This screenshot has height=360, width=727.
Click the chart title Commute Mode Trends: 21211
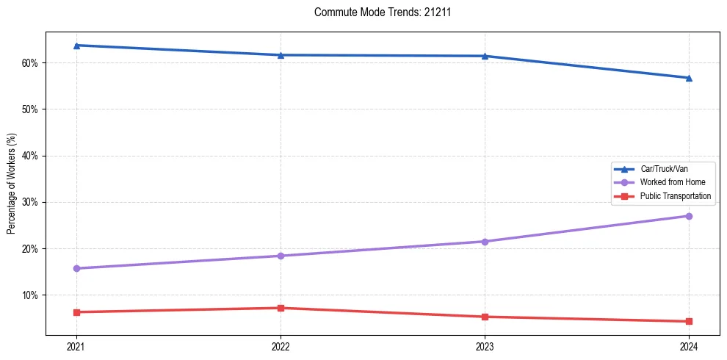377,12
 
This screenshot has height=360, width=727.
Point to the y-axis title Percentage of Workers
11,184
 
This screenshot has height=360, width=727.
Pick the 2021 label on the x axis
76,345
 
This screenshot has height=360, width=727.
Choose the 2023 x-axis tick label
485,345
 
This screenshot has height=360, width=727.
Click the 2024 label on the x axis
689,345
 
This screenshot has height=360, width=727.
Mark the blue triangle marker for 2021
76,46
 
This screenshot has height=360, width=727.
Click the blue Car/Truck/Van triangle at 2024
689,78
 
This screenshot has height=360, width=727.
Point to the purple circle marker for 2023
485,242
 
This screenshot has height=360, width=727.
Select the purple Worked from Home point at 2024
689,216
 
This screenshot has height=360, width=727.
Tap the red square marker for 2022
281,308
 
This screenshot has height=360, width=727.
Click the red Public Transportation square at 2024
689,321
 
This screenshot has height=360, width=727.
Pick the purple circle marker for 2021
76,268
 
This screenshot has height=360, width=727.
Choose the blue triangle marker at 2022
281,55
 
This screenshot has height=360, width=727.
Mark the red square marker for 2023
485,317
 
